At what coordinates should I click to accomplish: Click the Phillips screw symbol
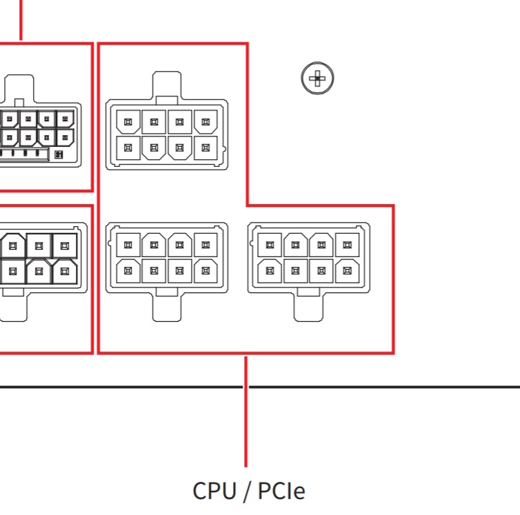tap(317, 79)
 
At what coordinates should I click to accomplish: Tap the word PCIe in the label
tap(281, 491)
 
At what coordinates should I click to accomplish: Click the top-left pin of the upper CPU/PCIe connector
tap(128, 123)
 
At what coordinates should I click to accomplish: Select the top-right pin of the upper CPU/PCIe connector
tap(205, 123)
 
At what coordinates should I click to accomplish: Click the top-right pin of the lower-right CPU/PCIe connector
tap(348, 243)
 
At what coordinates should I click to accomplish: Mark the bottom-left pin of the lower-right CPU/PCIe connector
tap(270, 270)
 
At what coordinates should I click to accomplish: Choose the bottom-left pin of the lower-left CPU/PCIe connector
tap(128, 270)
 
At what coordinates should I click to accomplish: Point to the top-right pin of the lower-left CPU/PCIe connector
tap(205, 243)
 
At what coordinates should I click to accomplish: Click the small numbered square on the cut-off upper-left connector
tap(59, 155)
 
